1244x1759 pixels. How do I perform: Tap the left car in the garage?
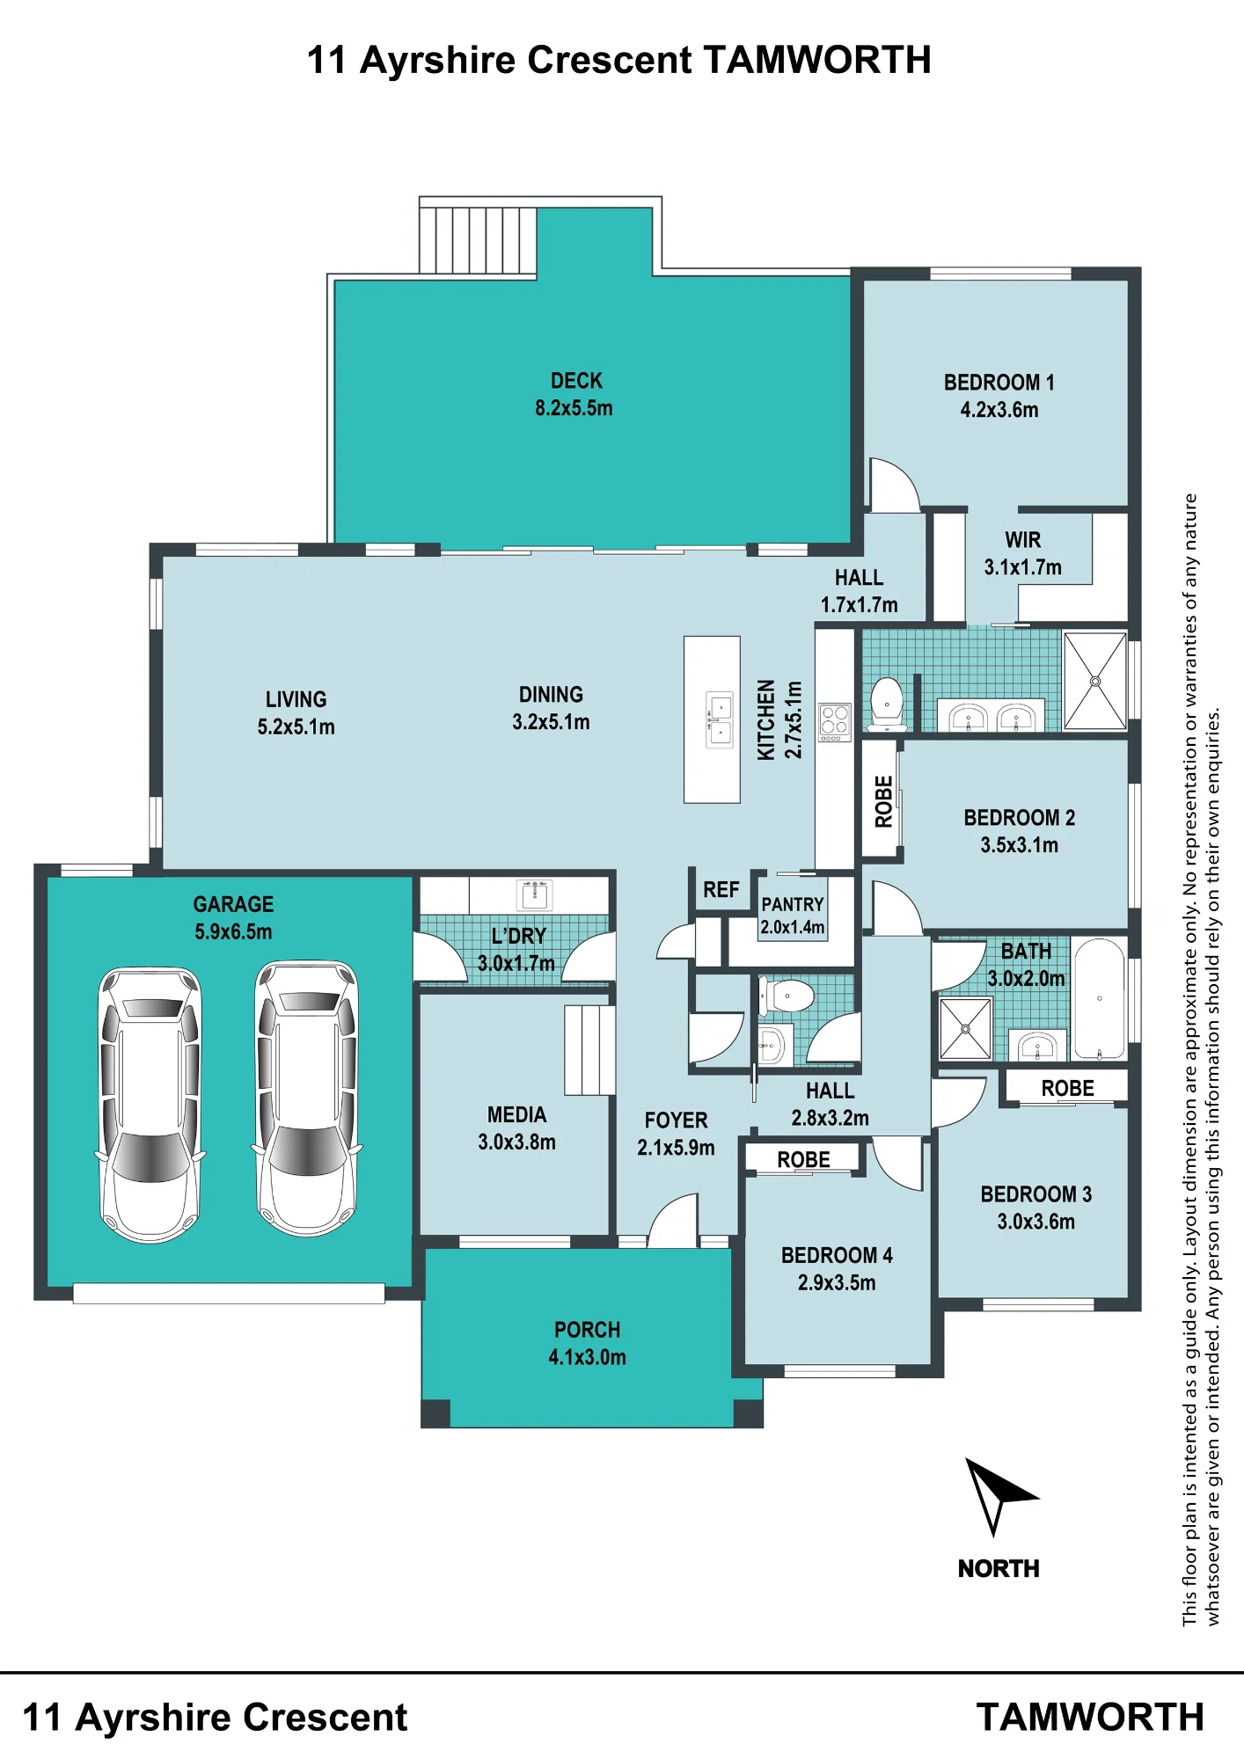pyautogui.click(x=150, y=1105)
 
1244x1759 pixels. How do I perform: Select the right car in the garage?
pyautogui.click(x=307, y=1098)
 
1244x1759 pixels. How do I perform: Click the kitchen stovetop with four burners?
pyautogui.click(x=835, y=722)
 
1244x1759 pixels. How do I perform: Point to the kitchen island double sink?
pyautogui.click(x=720, y=719)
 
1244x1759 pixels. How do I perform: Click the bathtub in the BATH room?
pyautogui.click(x=1099, y=999)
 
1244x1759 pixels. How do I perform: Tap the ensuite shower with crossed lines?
pyautogui.click(x=1095, y=681)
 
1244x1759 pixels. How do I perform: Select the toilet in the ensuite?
pyautogui.click(x=887, y=704)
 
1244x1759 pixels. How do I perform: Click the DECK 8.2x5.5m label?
pyautogui.click(x=574, y=394)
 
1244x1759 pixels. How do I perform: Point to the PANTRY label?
pyautogui.click(x=793, y=904)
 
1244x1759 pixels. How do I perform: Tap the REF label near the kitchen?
pyautogui.click(x=721, y=890)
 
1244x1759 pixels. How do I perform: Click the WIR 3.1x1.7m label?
pyautogui.click(x=1022, y=553)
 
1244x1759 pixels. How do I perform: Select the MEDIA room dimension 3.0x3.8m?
pyautogui.click(x=516, y=1142)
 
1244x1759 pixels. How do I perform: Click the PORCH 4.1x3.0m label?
pyautogui.click(x=588, y=1343)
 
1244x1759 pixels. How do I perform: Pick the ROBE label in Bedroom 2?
pyautogui.click(x=883, y=801)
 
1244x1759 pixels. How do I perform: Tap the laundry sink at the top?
pyautogui.click(x=535, y=895)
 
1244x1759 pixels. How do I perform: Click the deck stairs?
pyautogui.click(x=478, y=239)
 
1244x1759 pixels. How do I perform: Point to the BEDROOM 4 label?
pyautogui.click(x=837, y=1255)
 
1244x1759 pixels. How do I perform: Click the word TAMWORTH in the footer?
pyautogui.click(x=1090, y=1717)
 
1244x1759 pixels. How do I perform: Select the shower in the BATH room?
pyautogui.click(x=965, y=1028)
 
